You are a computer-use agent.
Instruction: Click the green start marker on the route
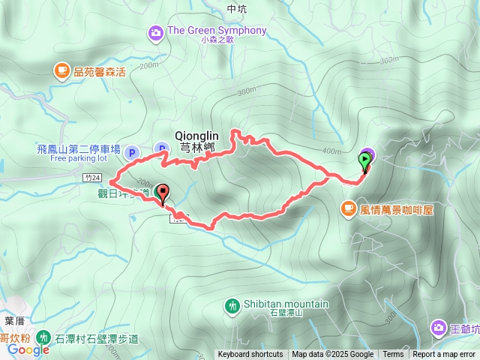[x=365, y=160]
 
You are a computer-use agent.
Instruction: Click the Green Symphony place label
[x=217, y=31]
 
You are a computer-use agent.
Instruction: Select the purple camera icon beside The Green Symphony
[x=155, y=31]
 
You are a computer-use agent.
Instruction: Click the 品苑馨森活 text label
[x=100, y=72]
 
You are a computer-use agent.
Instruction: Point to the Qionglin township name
[x=196, y=135]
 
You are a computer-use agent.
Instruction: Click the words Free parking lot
[x=79, y=159]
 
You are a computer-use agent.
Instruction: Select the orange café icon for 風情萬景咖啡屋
[x=349, y=208]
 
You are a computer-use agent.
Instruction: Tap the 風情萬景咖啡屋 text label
[x=397, y=209]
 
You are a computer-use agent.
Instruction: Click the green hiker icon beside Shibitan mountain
[x=232, y=304]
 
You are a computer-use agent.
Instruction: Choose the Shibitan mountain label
[x=286, y=304]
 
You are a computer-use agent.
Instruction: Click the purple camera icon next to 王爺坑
[x=438, y=328]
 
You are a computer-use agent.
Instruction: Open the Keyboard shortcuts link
[x=250, y=355]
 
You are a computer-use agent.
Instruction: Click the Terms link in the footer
[x=393, y=355]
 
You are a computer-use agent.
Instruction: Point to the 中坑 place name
[x=235, y=8]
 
